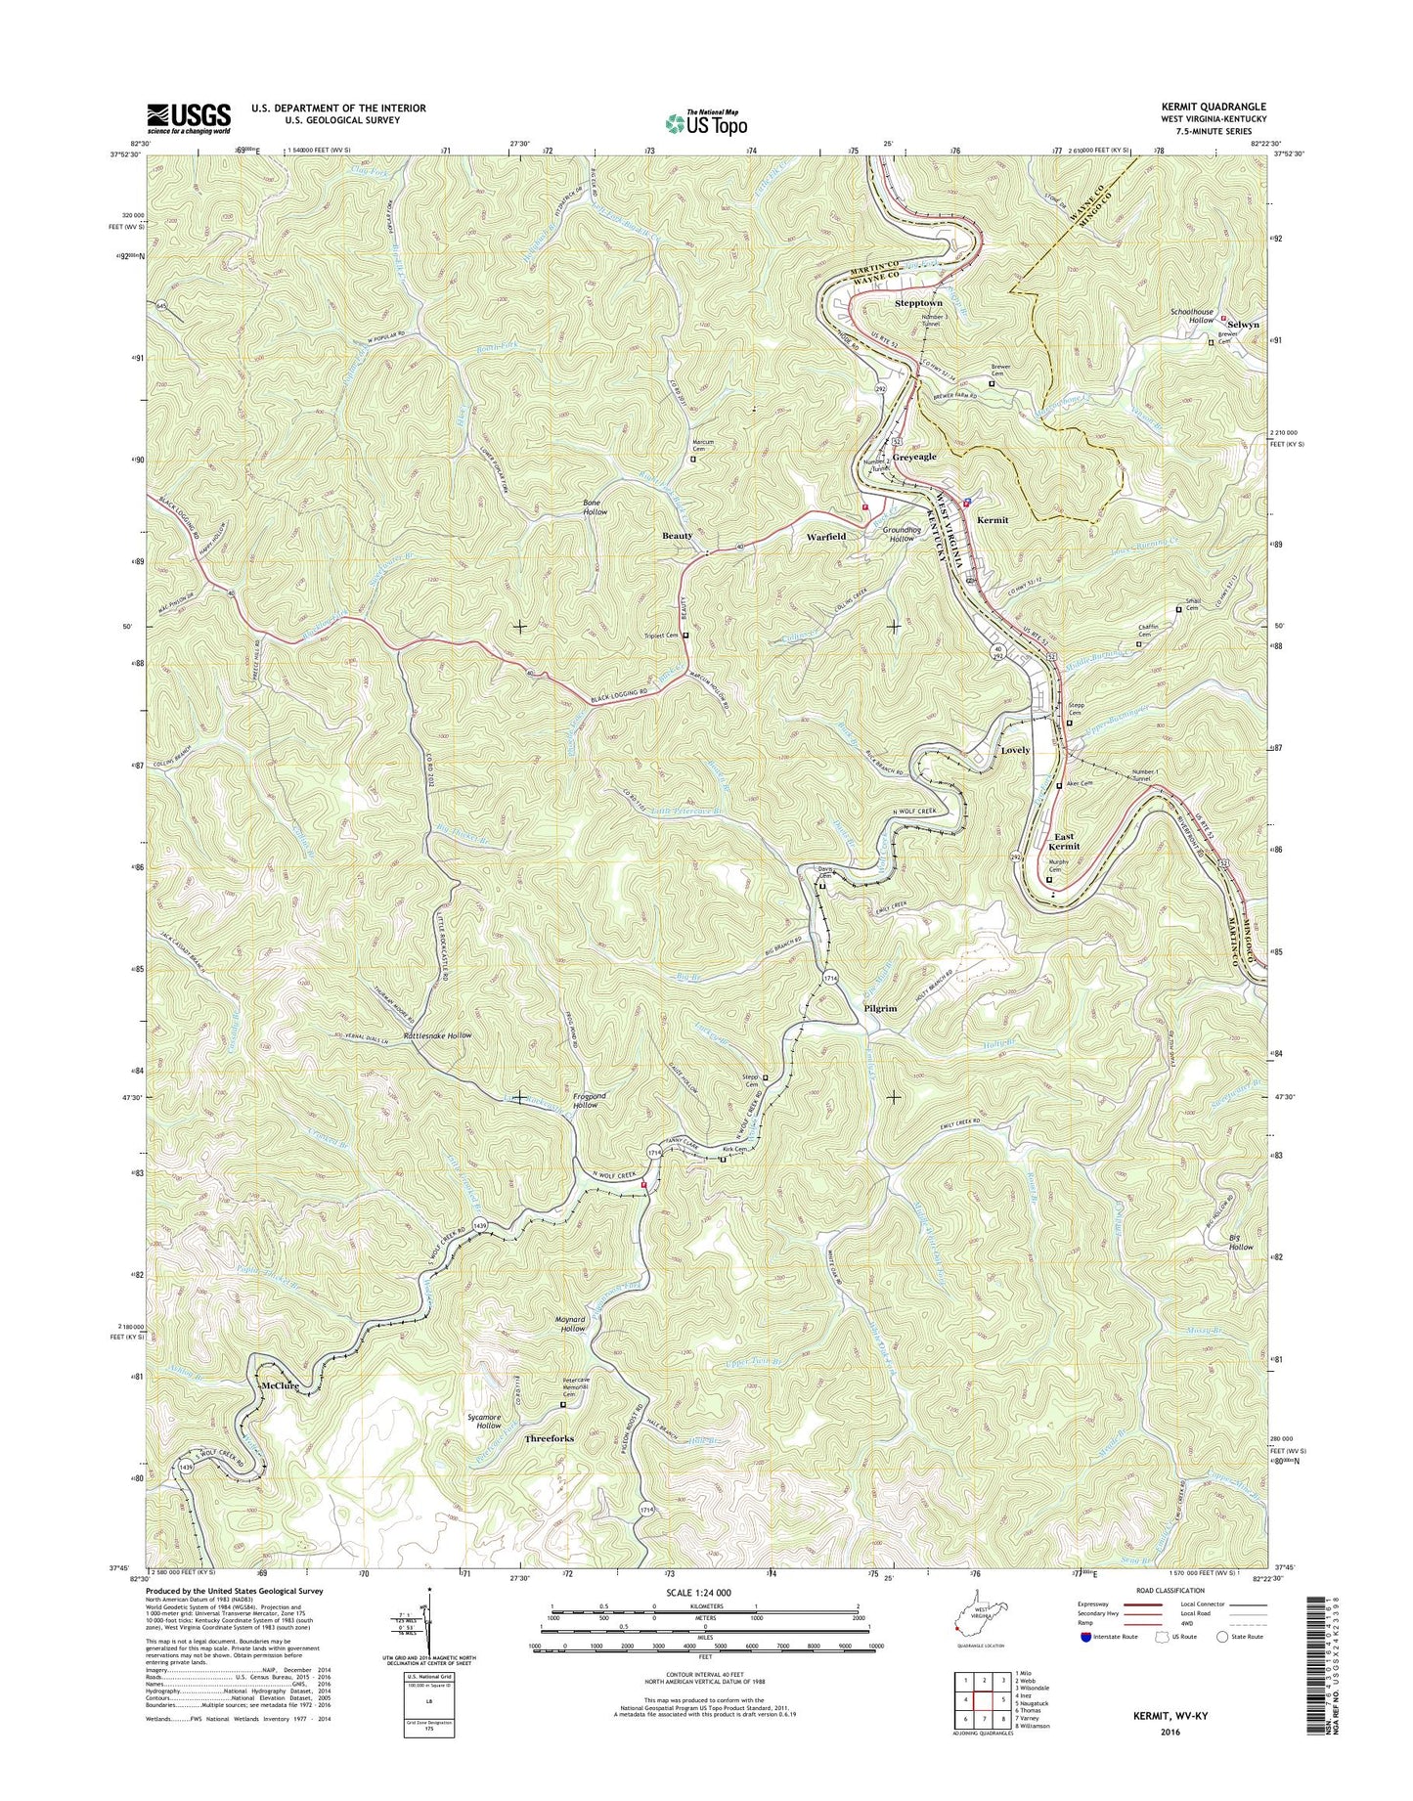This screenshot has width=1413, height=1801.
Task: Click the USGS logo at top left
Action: pyautogui.click(x=189, y=117)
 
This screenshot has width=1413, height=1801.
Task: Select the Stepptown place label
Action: pyautogui.click(x=918, y=304)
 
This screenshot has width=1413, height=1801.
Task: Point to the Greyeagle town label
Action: pyautogui.click(x=913, y=457)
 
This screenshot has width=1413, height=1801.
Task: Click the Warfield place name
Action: pyautogui.click(x=826, y=537)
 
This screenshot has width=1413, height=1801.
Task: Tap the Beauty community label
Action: pyautogui.click(x=677, y=536)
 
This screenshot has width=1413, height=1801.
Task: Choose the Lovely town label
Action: pyautogui.click(x=1015, y=750)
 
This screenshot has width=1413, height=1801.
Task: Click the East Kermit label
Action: pyautogui.click(x=1064, y=841)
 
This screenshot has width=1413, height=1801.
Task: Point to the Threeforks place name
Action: pyautogui.click(x=550, y=1439)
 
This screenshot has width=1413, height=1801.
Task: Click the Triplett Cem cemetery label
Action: pyautogui.click(x=662, y=636)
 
